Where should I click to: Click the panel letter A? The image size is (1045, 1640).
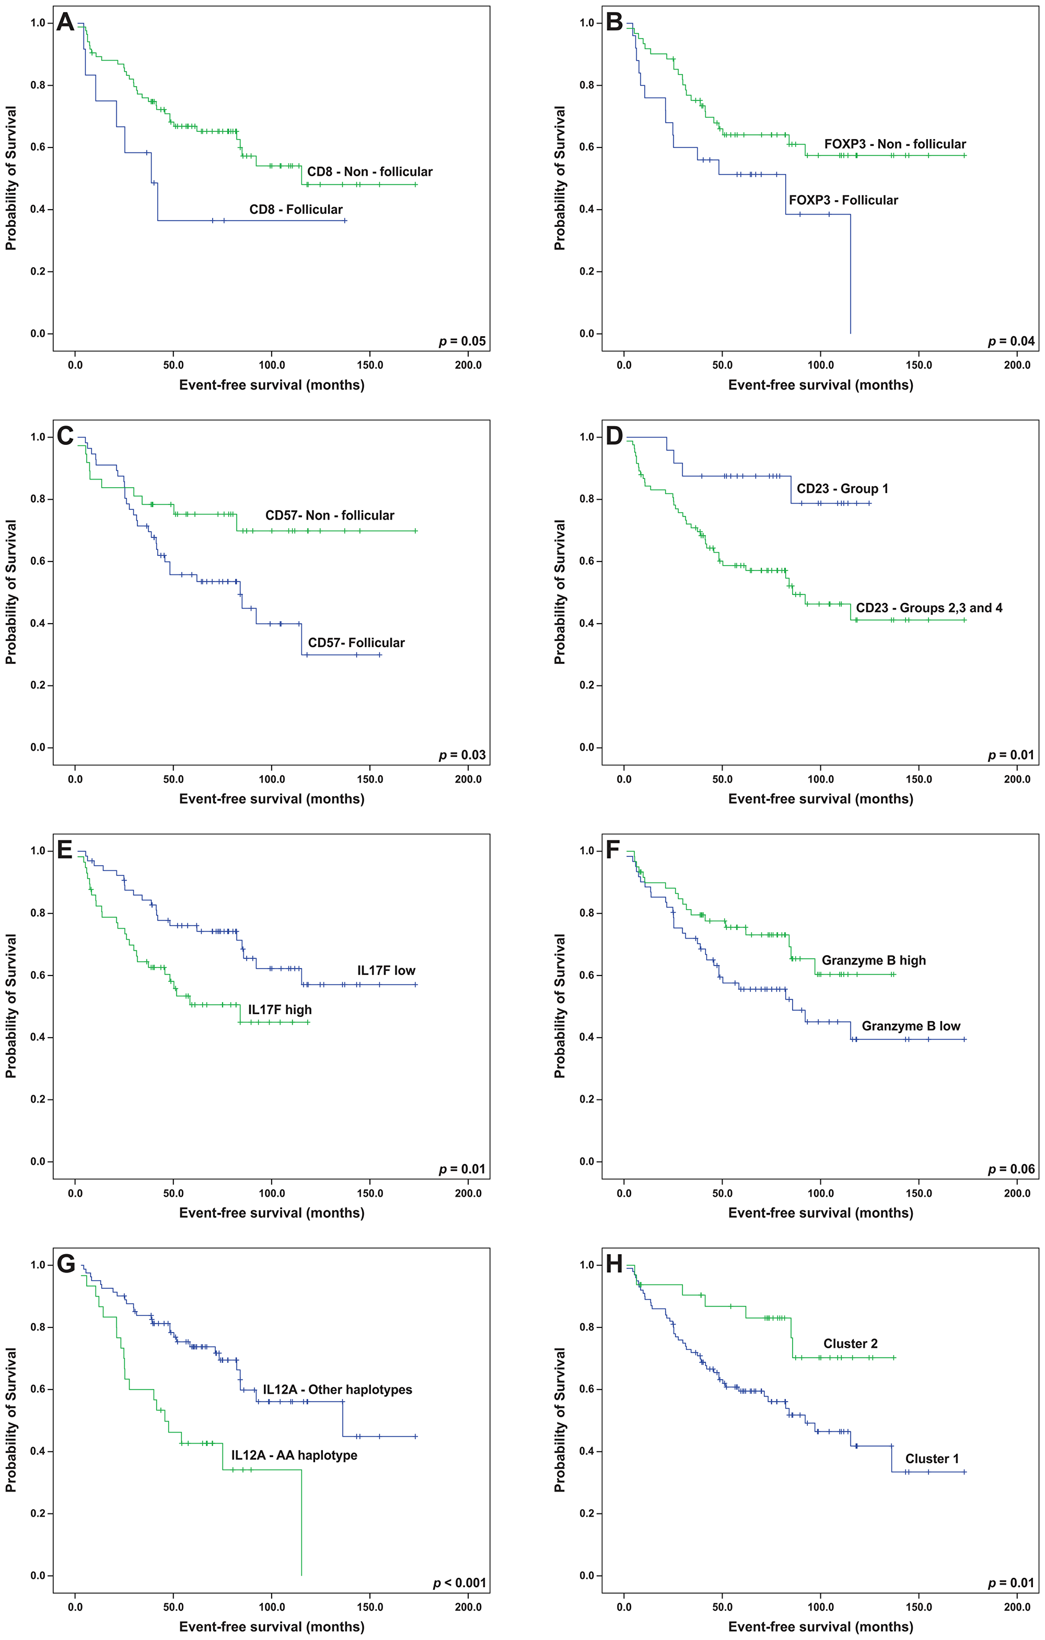[65, 22]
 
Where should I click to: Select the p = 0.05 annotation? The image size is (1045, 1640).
[462, 341]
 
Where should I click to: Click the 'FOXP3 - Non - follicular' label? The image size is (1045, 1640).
[895, 144]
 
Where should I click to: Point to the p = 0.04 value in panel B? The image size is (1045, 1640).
[1011, 341]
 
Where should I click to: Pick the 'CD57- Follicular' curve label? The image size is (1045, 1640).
[356, 643]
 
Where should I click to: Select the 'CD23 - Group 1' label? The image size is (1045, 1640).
[842, 489]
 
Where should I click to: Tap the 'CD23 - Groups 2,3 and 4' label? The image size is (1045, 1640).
[928, 608]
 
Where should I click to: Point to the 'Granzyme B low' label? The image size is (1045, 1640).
[910, 1026]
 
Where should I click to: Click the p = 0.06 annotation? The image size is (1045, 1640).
[1011, 1169]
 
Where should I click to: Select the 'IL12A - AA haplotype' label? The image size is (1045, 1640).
[294, 1455]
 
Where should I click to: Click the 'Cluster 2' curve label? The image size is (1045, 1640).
[850, 1344]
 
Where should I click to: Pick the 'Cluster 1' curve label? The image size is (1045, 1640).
[931, 1459]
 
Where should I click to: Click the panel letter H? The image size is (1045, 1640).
[614, 1265]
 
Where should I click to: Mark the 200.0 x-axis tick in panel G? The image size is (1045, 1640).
[468, 1607]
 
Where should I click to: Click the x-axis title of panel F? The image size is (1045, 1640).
[820, 1213]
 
